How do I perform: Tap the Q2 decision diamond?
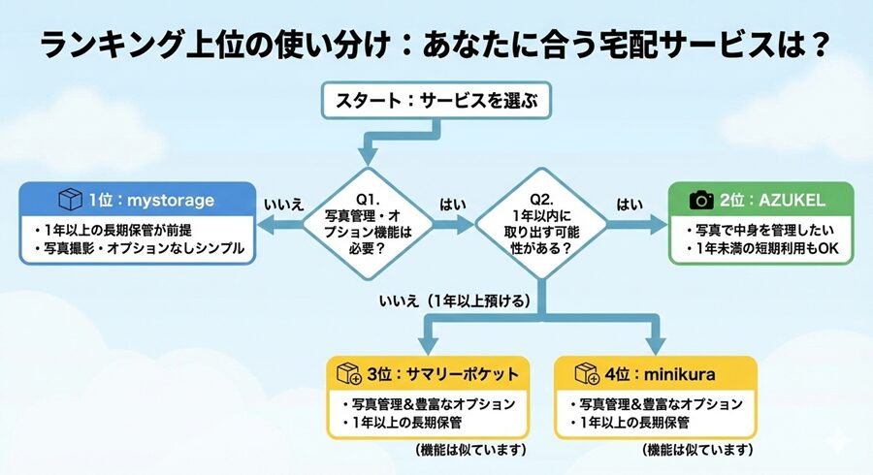(540, 225)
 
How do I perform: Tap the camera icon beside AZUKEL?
(701, 201)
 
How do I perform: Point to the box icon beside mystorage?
(71, 200)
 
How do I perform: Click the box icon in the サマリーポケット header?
(348, 374)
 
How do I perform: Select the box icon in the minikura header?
(586, 374)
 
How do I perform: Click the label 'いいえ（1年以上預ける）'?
(455, 301)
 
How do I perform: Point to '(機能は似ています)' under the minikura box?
(697, 451)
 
